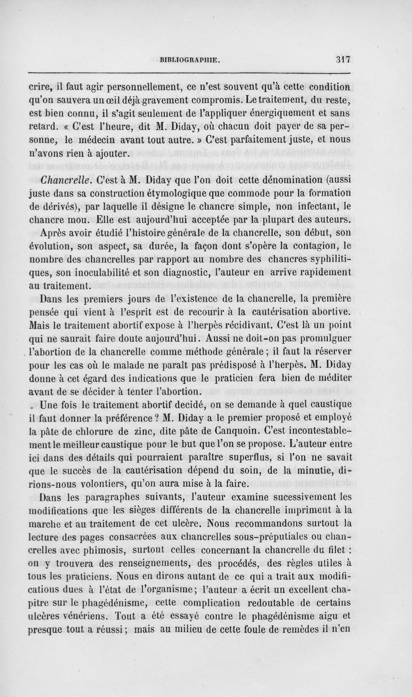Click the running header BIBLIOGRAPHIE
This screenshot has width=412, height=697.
190,59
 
